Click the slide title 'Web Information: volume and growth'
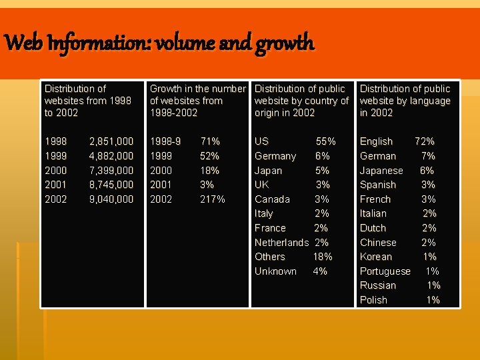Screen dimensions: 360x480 tap(159, 44)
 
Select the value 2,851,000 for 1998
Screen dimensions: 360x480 tap(111, 141)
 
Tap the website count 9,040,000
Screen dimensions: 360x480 tap(111, 199)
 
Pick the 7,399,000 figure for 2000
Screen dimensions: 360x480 tap(111, 170)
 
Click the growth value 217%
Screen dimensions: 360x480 tap(213, 199)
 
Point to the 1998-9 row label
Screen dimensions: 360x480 tap(165, 141)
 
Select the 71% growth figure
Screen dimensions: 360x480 tap(210, 141)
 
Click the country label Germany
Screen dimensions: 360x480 tap(275, 156)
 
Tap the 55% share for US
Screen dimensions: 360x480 tap(325, 141)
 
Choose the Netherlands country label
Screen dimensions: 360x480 tap(281, 243)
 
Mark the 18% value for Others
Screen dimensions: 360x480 tap(323, 257)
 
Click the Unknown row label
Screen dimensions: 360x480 tap(275, 271)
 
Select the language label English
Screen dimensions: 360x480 tap(376, 141)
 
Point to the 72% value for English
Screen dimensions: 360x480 tap(425, 141)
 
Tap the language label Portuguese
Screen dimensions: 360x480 tap(385, 271)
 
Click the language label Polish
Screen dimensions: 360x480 tap(373, 300)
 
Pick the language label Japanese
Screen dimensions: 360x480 tap(381, 170)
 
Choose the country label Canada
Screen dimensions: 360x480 tap(272, 199)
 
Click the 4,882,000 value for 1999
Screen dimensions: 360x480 tap(111, 156)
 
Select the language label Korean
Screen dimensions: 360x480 tap(376, 257)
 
